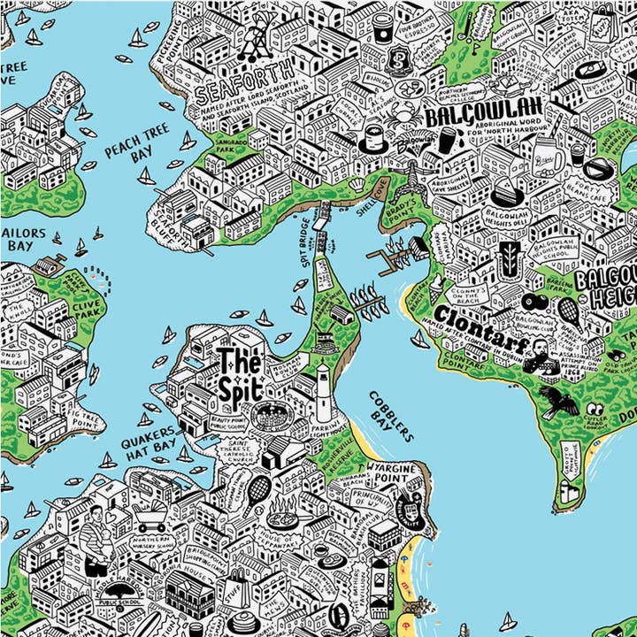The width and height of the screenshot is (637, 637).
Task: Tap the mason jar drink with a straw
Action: (549, 160)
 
